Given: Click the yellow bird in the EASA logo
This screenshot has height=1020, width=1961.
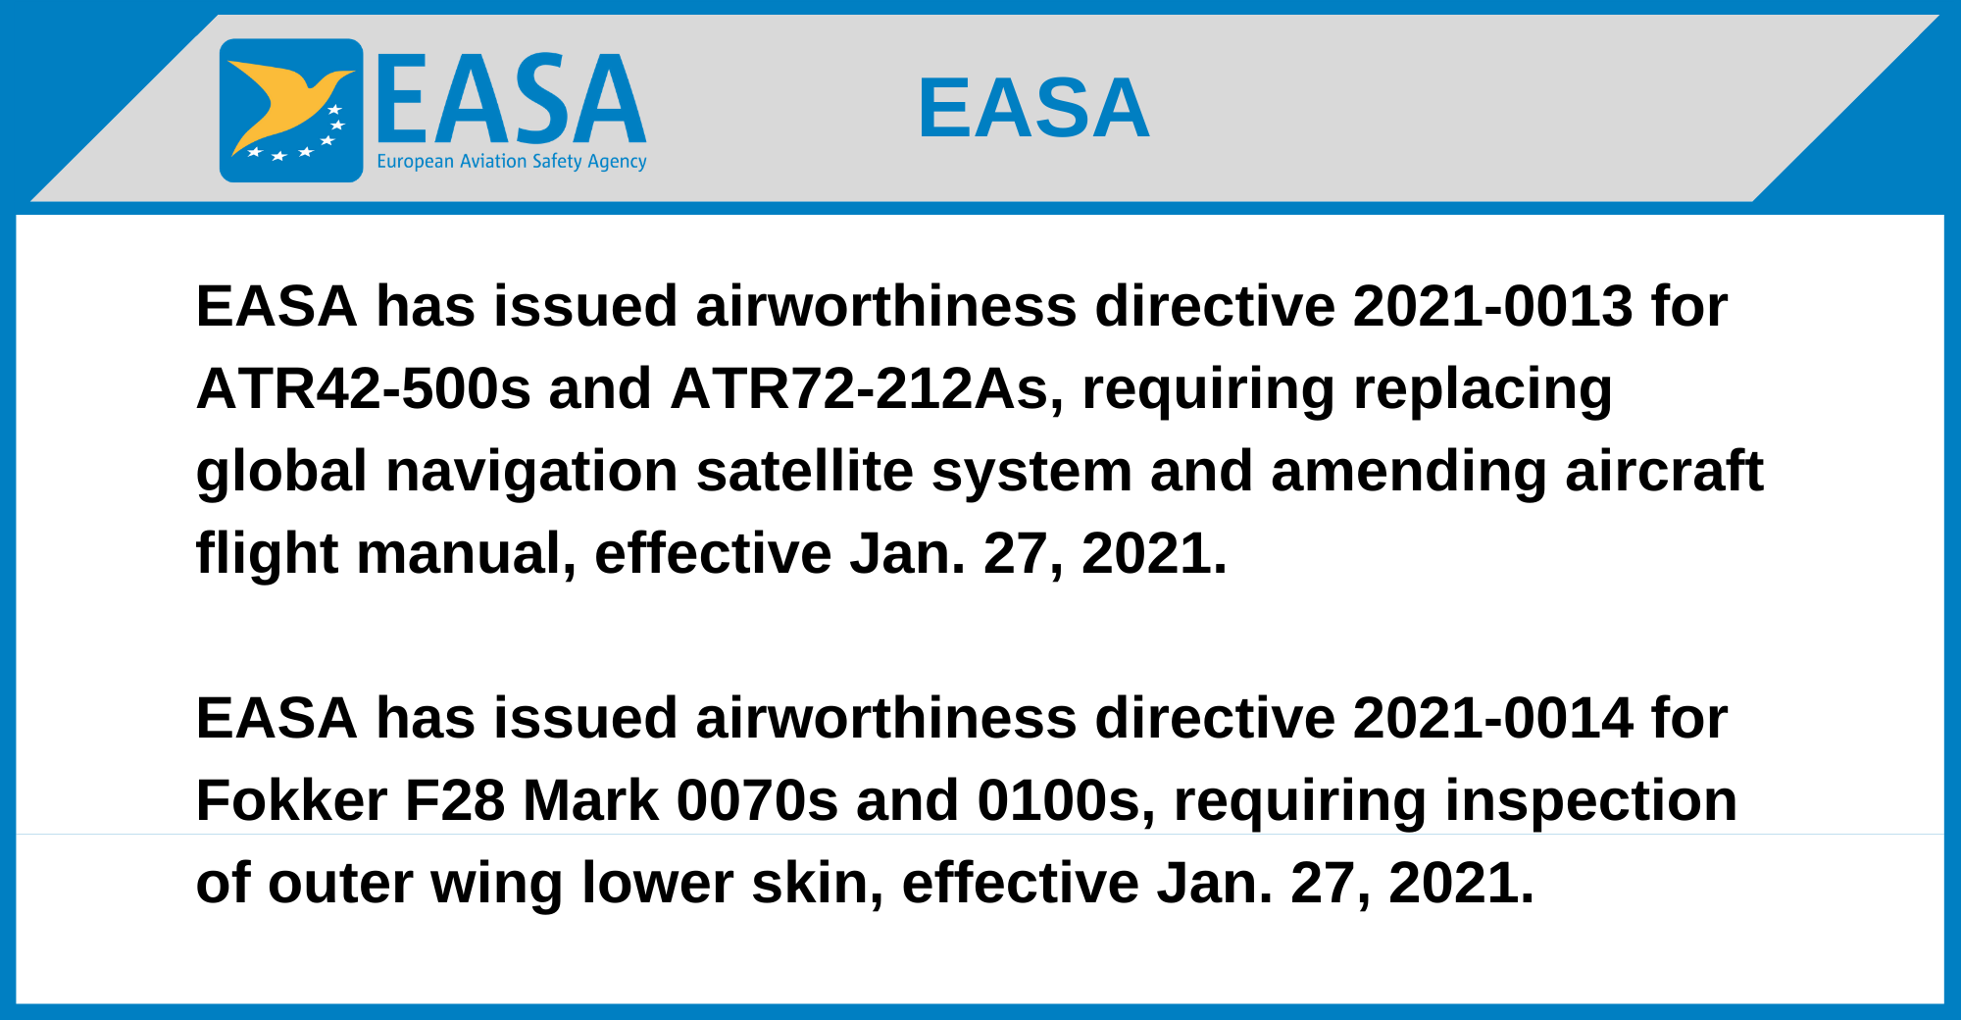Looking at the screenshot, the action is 284,103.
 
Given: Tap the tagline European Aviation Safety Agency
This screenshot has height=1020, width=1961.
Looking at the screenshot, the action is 512,161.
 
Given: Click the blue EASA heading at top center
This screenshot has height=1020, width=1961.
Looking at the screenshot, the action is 1033,108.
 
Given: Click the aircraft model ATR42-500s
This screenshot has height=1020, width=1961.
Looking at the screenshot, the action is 364,388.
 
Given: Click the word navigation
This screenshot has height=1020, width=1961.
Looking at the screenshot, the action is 531,473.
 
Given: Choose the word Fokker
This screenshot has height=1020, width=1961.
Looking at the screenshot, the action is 291,800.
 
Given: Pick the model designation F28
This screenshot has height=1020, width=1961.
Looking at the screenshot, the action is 455,800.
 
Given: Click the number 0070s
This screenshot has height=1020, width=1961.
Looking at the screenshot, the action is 758,800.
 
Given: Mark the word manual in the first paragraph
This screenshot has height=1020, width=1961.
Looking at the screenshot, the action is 466,553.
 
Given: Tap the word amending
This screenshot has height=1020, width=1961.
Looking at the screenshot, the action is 1408,473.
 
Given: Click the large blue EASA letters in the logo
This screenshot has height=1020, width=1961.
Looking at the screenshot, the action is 512,98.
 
